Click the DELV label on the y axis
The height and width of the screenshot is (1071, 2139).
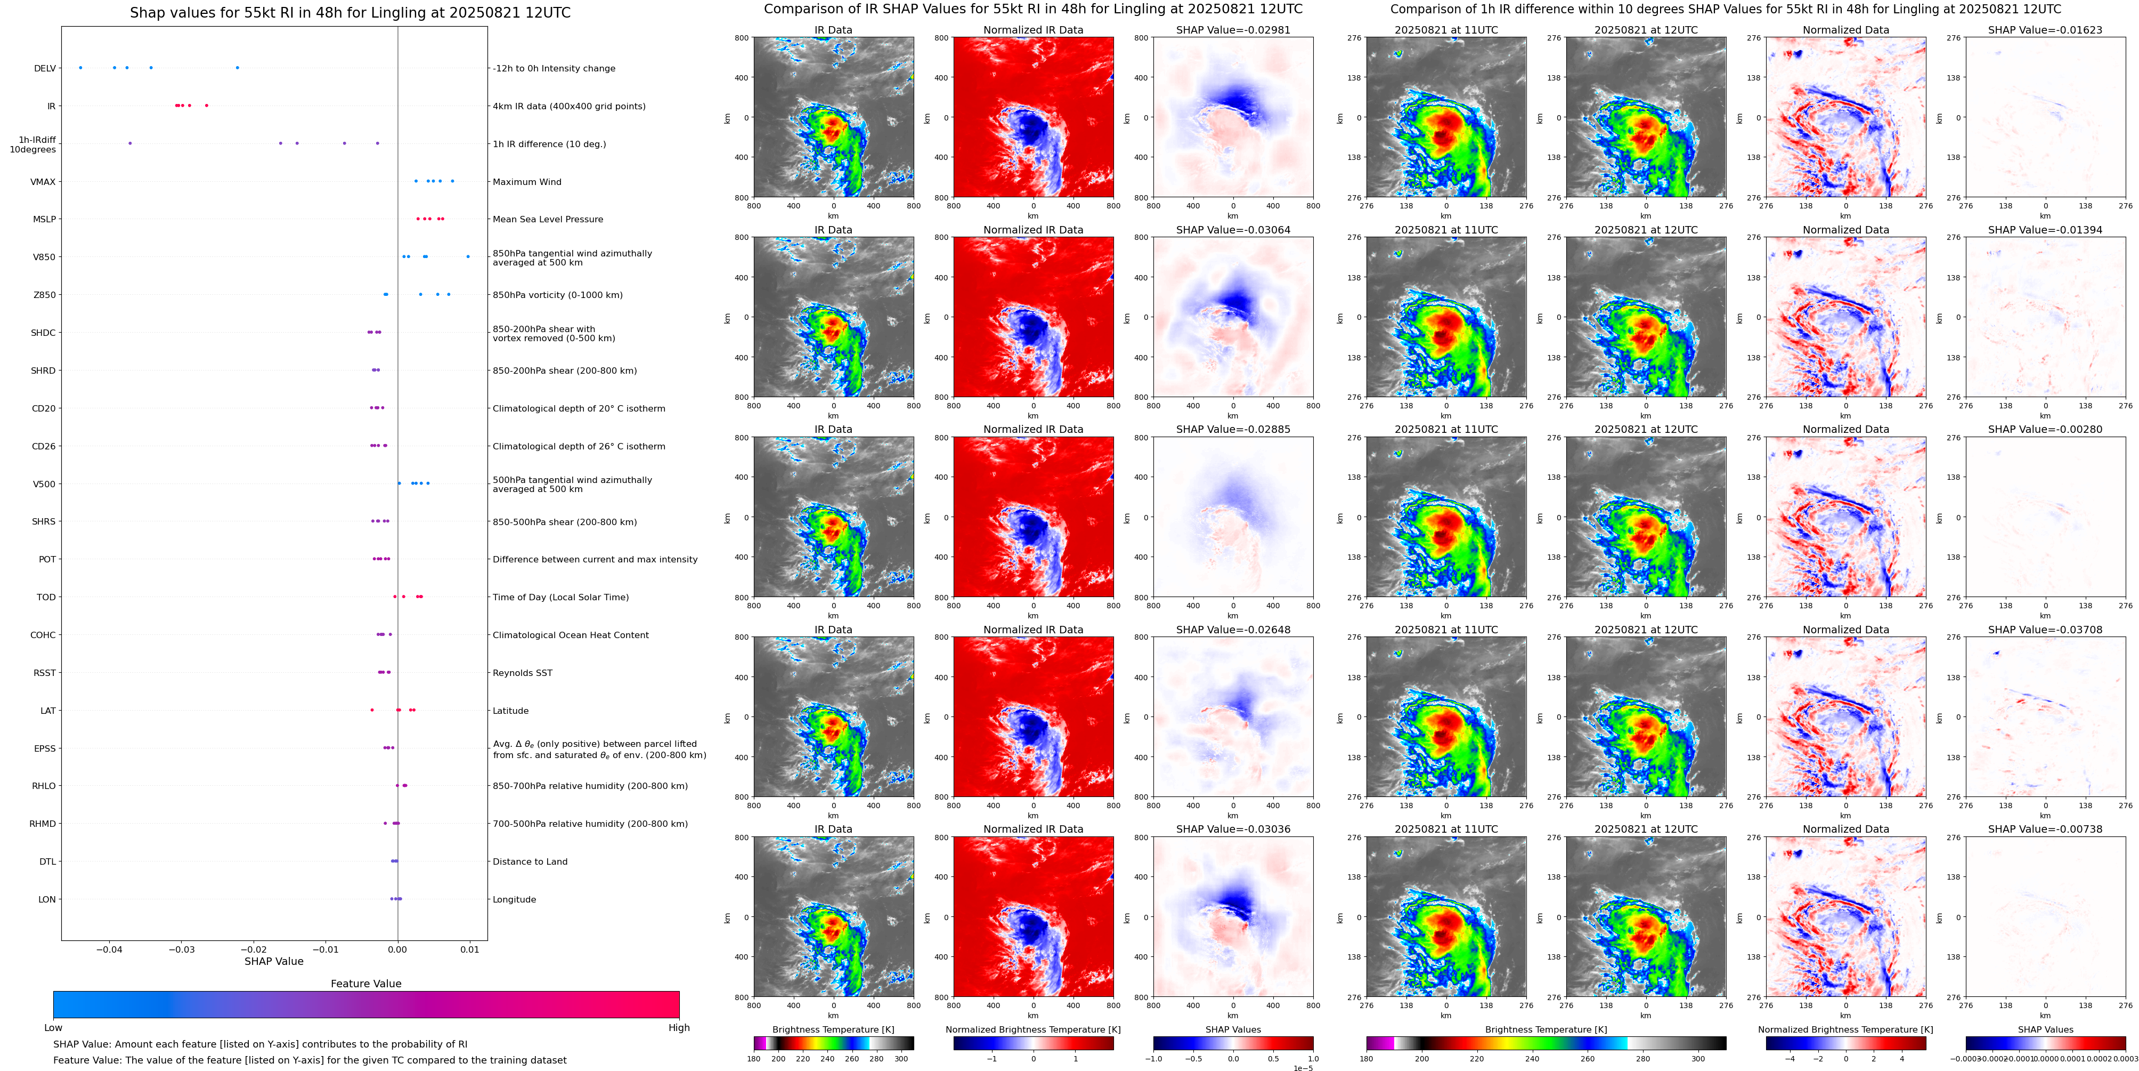(x=45, y=68)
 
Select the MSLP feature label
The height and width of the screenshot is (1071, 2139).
(x=44, y=219)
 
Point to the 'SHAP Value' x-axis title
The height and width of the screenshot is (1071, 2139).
(x=273, y=961)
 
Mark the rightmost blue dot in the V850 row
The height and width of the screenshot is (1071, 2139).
(x=468, y=257)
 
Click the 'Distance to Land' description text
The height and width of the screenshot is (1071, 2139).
(x=530, y=861)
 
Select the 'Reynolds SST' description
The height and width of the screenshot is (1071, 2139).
(x=522, y=673)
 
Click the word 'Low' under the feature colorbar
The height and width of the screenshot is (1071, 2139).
(x=53, y=1028)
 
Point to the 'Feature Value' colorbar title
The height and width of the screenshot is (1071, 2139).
(x=365, y=984)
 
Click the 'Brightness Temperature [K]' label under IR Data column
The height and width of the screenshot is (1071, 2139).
(x=833, y=1029)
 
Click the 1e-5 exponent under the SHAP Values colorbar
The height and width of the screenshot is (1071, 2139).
(x=1303, y=1068)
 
